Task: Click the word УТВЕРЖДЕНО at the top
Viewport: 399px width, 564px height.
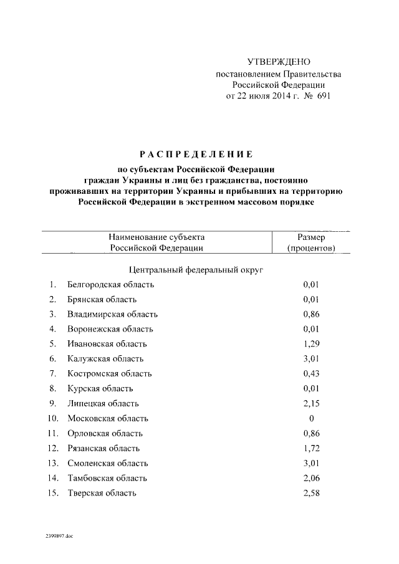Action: [279, 62]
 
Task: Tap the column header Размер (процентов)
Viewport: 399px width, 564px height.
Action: [311, 242]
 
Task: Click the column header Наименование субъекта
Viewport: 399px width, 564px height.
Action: [156, 237]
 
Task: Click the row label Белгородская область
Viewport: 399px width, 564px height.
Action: [110, 284]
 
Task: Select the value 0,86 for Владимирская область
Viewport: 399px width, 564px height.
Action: [311, 314]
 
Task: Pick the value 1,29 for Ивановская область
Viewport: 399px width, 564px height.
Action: [311, 344]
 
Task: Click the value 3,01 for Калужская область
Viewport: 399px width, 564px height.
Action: [311, 359]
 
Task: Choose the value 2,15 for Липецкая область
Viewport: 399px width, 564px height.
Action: [311, 404]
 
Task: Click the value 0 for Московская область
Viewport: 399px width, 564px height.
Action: [311, 419]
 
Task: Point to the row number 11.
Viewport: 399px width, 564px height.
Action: [52, 434]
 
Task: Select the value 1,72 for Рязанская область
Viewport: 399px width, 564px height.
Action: [311, 449]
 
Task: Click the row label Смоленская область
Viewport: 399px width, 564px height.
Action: [107, 464]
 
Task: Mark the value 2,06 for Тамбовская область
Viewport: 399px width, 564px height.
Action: [311, 479]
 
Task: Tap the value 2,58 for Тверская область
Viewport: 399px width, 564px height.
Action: [311, 494]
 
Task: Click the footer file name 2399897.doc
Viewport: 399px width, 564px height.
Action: [59, 535]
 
